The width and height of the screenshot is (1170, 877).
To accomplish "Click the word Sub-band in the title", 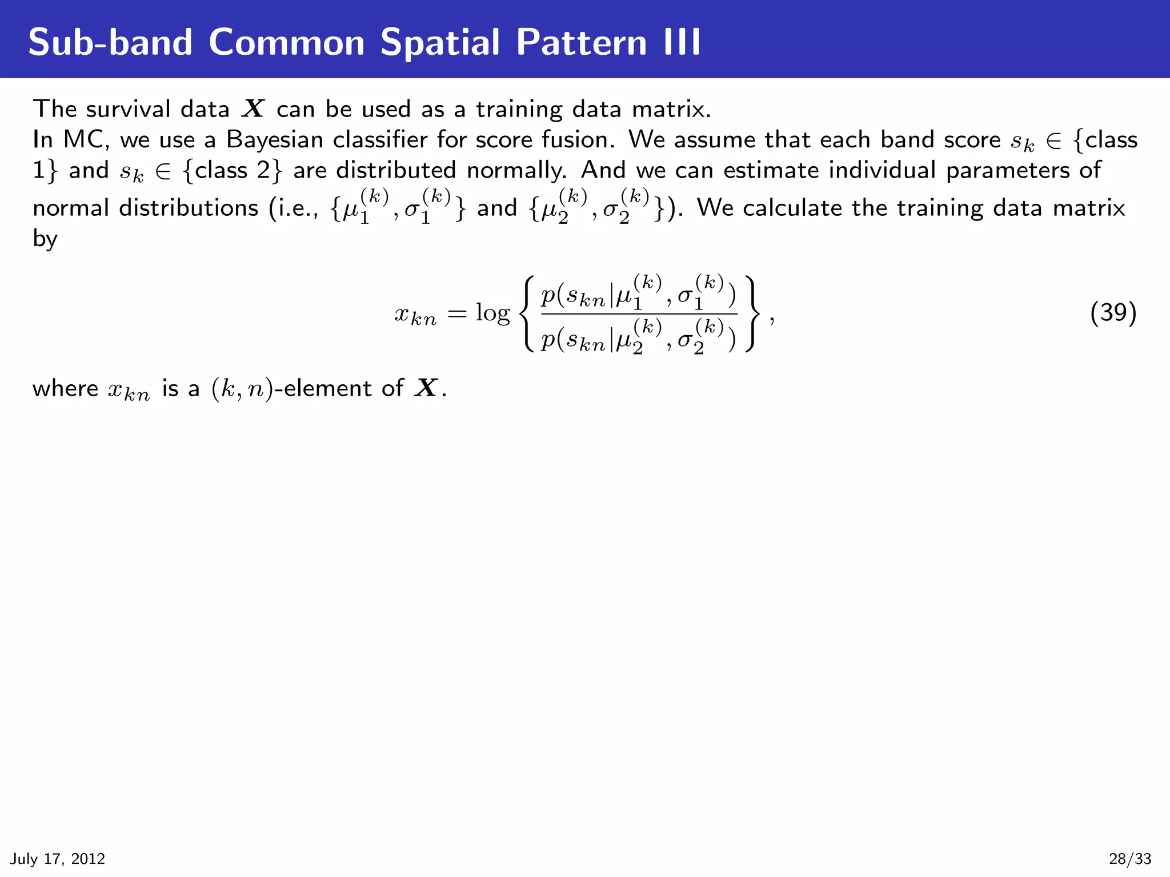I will click(110, 42).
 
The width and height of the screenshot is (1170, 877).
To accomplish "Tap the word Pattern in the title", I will click(582, 42).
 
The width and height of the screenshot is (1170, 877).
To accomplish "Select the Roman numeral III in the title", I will click(682, 42).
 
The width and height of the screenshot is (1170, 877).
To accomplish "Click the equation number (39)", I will click(1113, 313).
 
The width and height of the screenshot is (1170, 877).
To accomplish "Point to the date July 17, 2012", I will click(58, 859).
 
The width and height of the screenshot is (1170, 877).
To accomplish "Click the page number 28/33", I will click(1130, 859).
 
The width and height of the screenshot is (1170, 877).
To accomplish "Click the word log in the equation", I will click(492, 313).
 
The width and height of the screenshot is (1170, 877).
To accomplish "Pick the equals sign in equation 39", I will click(457, 313).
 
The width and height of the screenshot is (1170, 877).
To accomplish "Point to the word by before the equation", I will click(45, 239).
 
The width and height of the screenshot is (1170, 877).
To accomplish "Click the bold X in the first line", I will click(253, 109).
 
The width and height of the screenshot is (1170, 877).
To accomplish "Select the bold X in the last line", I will click(426, 388).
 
